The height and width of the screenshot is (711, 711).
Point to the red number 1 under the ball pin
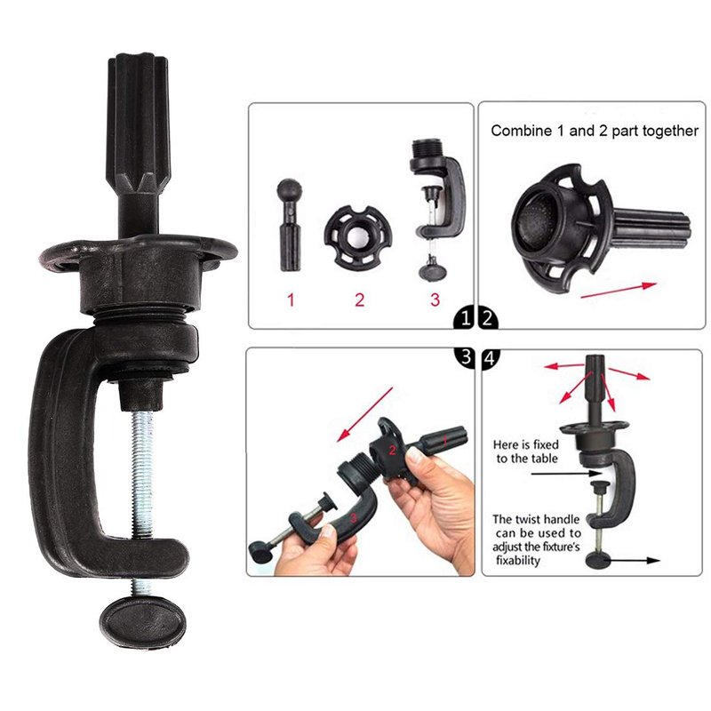292,300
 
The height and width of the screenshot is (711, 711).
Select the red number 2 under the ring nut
359,300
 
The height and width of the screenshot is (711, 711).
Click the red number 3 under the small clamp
435,300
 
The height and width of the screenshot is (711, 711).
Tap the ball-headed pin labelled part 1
290,226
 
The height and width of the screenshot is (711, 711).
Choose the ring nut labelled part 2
358,236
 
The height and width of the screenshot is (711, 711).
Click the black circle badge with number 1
464,318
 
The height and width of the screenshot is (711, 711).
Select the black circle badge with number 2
488,318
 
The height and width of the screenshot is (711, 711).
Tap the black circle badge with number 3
464,357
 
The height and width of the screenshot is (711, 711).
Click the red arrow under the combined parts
619,291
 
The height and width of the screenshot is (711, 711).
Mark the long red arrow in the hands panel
364,414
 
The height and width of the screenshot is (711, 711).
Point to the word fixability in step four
518,561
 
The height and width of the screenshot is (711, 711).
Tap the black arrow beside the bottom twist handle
633,561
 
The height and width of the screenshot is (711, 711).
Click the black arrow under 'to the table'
566,474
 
